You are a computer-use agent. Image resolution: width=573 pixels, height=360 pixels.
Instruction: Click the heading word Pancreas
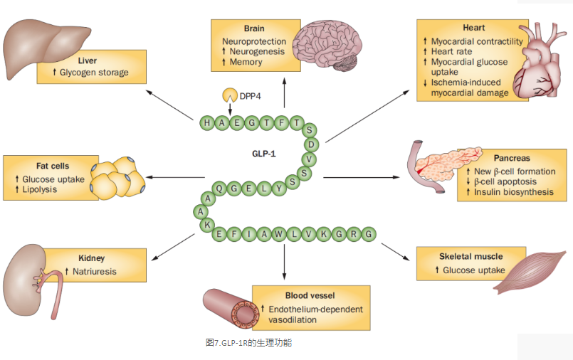512,158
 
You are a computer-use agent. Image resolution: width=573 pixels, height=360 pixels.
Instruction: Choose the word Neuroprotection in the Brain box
253,41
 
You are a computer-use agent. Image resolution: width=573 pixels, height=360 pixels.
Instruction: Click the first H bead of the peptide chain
207,123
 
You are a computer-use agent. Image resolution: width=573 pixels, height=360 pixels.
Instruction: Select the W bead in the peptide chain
282,234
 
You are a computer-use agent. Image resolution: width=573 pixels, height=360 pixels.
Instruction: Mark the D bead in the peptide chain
310,144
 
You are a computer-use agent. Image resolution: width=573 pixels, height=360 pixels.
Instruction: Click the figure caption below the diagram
248,343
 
